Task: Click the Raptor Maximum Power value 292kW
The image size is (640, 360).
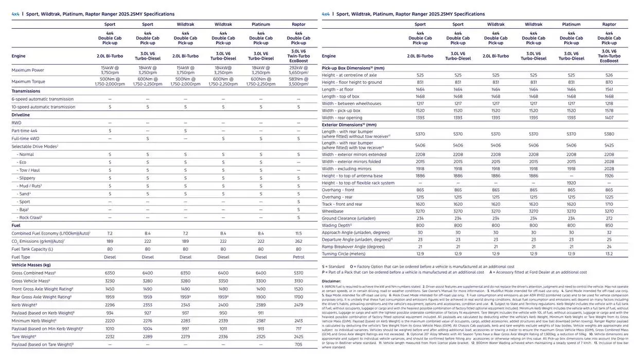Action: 298,67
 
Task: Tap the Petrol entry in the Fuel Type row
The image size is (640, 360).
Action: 298,257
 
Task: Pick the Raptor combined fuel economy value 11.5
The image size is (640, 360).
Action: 298,233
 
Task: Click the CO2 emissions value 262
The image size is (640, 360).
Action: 298,241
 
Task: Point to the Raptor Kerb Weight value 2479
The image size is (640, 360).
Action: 298,305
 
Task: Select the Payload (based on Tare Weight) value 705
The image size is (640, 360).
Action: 298,345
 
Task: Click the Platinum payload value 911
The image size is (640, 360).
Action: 261,313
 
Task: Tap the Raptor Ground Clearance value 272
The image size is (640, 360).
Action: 609,219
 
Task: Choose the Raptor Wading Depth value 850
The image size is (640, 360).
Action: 609,225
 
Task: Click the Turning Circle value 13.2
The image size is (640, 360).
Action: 609,254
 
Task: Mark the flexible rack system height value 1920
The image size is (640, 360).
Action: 571,183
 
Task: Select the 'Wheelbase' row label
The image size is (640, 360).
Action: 333,211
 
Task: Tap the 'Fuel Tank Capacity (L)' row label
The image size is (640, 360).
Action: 32,249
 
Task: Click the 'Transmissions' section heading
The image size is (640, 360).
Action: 26,91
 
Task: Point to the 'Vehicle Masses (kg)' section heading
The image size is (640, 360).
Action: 31,265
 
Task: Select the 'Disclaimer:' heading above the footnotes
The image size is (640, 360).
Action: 331,281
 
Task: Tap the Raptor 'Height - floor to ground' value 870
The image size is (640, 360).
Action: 609,82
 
